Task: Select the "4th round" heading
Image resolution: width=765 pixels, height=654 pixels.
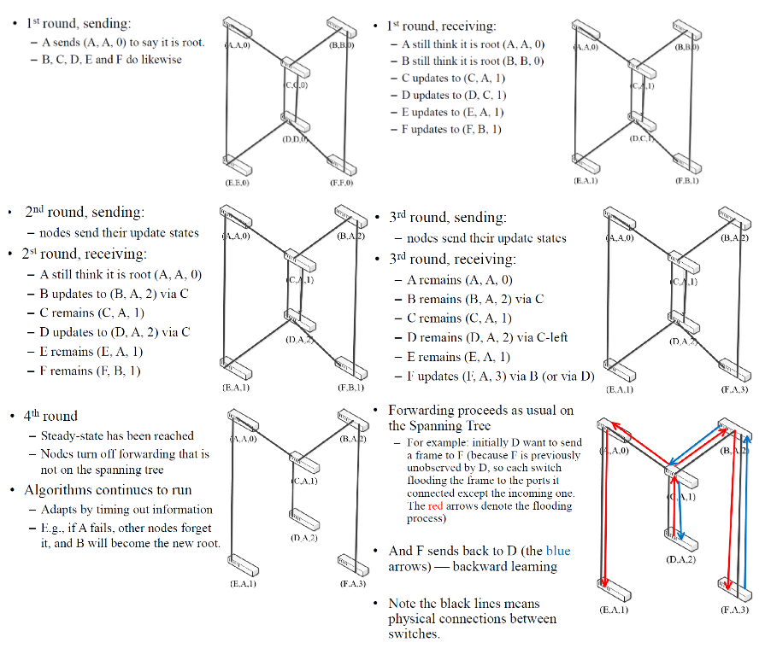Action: point(50,416)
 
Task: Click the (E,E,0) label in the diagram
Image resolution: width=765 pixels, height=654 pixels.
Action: point(237,182)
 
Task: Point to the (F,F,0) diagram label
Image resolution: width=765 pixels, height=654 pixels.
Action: point(340,182)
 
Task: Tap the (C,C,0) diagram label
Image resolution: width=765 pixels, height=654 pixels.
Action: point(296,85)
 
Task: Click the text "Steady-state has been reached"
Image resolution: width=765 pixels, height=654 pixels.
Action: point(117,435)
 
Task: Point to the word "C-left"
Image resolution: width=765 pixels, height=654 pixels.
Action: point(547,337)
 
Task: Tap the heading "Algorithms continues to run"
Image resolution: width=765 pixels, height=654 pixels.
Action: point(108,490)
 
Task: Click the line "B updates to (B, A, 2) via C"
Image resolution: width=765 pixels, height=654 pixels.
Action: point(115,293)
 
